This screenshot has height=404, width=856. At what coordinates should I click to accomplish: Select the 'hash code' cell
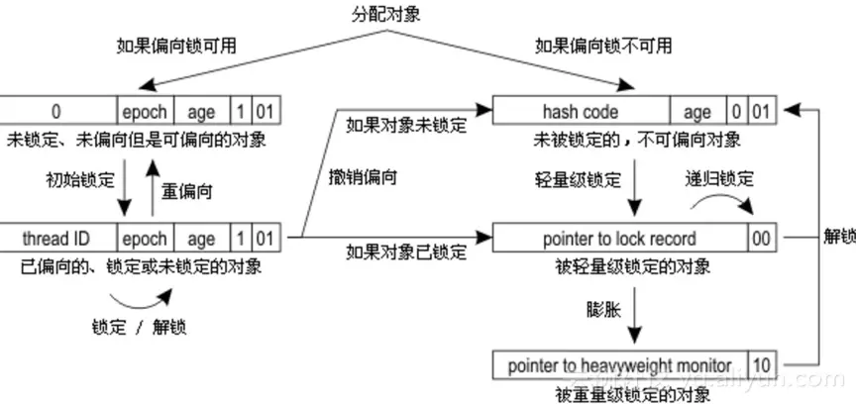(581, 110)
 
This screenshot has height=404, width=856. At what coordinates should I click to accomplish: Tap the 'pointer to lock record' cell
(619, 238)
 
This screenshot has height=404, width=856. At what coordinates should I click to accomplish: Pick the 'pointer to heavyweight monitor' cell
(619, 364)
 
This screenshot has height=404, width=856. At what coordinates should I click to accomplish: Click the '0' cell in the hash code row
(735, 110)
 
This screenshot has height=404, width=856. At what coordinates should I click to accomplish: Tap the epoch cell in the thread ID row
(146, 238)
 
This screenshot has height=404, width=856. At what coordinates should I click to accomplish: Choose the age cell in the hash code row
(697, 110)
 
